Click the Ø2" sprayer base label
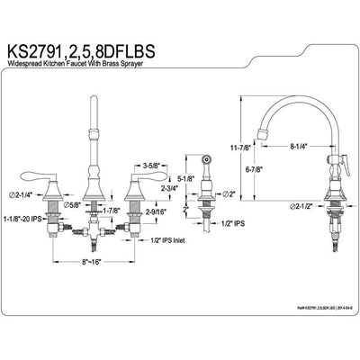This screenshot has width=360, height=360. [x=225, y=193]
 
